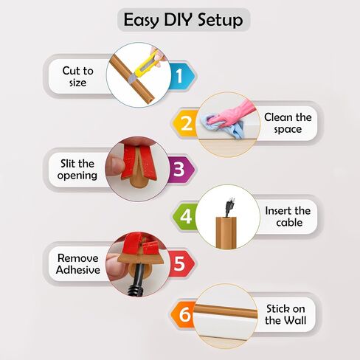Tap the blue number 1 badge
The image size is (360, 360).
(x=182, y=75)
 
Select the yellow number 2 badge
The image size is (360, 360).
(x=185, y=122)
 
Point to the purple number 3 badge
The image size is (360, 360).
(x=181, y=170)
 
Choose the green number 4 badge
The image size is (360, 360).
(x=185, y=216)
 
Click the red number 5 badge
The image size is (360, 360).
(x=181, y=263)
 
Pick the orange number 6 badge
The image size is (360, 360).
(x=184, y=314)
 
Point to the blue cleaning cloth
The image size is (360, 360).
(x=221, y=125)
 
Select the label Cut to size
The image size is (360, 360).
(x=77, y=77)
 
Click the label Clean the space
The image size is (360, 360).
(x=288, y=123)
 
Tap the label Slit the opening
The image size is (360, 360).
(x=77, y=170)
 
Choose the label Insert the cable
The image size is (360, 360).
(x=288, y=217)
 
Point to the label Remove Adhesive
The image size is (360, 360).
(x=78, y=264)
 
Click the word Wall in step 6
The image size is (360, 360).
(x=295, y=320)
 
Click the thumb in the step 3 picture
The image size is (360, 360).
(x=114, y=166)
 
